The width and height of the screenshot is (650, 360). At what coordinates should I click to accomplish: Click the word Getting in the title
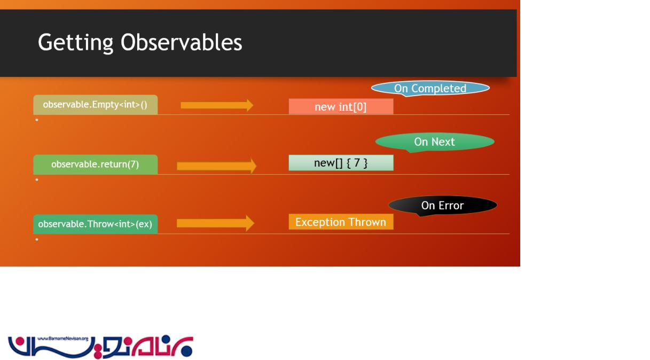75,43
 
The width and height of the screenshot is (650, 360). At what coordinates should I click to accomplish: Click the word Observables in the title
181,42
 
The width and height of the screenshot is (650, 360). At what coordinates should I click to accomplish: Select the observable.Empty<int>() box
96,105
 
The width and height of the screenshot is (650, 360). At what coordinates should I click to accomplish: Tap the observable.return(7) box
96,165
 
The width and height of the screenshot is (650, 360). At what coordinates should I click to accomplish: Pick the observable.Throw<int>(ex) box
96,224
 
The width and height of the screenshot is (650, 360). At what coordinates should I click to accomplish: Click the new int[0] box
341,107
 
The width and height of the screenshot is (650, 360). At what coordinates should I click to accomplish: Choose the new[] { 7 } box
341,163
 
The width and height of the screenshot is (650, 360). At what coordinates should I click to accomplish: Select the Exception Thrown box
341,222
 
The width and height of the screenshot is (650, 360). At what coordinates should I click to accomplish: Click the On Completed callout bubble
430,88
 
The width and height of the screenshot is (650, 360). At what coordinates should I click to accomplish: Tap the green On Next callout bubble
435,142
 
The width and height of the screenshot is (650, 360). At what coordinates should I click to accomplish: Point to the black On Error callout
443,206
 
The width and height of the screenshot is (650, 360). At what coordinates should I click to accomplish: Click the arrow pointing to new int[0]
217,105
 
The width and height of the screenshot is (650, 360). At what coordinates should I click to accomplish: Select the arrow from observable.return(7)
217,166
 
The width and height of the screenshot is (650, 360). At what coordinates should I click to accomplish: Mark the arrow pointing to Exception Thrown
216,223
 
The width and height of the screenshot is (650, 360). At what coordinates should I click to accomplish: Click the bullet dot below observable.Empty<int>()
37,120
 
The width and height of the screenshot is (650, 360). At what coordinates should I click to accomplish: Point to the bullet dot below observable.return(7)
37,179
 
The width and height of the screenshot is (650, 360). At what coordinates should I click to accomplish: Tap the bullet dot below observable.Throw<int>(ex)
37,239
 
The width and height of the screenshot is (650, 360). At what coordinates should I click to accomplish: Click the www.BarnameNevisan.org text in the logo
62,339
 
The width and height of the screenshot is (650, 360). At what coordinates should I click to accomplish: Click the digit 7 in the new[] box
357,162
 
